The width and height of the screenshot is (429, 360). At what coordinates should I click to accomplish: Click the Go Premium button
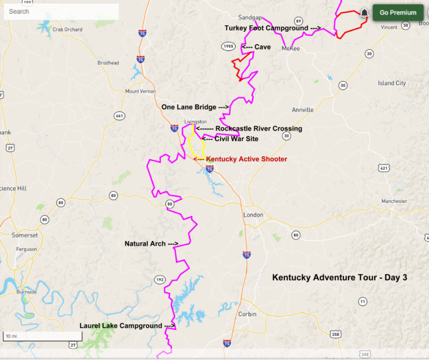(x=398, y=12)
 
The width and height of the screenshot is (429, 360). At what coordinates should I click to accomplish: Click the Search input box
(x=60, y=11)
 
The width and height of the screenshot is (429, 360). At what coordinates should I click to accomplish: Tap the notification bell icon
(x=364, y=12)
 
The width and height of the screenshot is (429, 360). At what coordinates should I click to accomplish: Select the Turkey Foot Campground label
(x=273, y=27)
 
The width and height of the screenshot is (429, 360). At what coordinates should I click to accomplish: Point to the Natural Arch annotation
(x=151, y=244)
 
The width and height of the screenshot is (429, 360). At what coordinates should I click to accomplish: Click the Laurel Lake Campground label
(x=127, y=325)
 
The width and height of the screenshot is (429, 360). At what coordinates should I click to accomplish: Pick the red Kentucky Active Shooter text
(x=246, y=159)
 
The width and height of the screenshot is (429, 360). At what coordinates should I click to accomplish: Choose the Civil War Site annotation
(x=236, y=139)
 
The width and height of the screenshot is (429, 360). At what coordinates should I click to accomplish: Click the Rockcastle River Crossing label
(x=259, y=129)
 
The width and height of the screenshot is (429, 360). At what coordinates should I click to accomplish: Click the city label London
(x=253, y=215)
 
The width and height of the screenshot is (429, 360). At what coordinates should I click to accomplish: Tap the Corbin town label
(x=247, y=314)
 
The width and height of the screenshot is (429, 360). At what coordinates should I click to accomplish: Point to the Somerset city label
(x=25, y=235)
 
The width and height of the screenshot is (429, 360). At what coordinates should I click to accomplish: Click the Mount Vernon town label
(x=140, y=91)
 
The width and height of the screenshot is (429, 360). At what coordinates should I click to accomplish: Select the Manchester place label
(x=394, y=201)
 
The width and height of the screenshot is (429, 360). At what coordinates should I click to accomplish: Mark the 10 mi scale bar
(x=42, y=337)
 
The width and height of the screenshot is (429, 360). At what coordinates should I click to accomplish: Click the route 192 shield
(x=160, y=280)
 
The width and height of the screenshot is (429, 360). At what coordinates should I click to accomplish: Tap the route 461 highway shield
(x=119, y=116)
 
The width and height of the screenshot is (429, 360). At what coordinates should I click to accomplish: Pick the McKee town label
(x=290, y=49)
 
